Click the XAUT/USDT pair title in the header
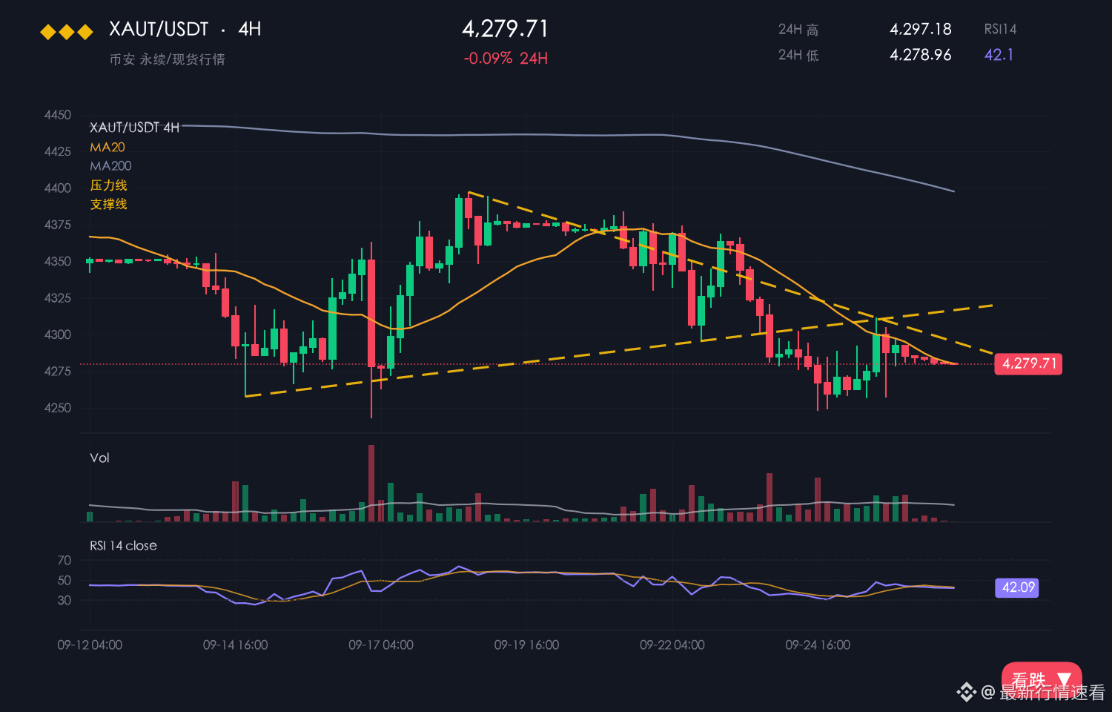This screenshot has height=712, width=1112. tap(159, 29)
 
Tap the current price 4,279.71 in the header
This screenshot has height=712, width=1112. tap(505, 29)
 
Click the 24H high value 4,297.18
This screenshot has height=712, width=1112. tap(921, 29)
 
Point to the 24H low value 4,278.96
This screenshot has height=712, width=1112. tap(921, 55)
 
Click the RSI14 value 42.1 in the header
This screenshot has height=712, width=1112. tap(999, 55)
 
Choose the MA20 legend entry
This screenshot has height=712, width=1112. tap(107, 147)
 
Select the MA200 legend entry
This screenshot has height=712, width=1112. tap(110, 166)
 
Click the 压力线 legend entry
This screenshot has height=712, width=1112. tap(109, 185)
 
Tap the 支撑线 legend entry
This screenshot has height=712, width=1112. tap(109, 204)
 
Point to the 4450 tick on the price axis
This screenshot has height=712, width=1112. tap(58, 115)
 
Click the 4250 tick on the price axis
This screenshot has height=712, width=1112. tap(58, 408)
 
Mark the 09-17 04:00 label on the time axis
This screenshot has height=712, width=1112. tap(381, 645)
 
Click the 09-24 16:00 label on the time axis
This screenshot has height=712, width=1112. tap(818, 645)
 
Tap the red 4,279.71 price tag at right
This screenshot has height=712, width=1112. tap(1029, 364)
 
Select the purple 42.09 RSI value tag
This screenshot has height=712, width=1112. tap(1017, 588)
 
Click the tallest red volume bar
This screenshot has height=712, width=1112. tap(371, 483)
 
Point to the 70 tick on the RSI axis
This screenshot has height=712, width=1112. tap(64, 560)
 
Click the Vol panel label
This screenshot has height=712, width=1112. tap(99, 458)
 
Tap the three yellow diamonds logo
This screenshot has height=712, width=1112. tap(67, 33)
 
